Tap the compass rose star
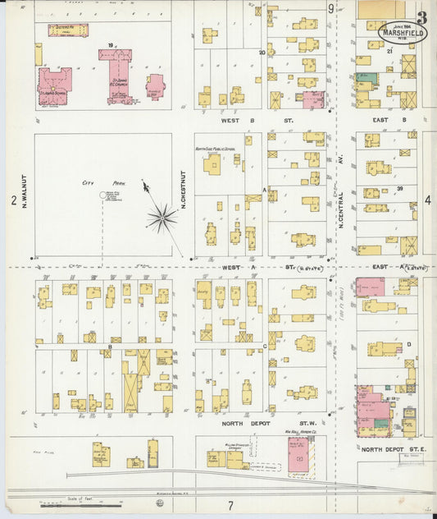[163, 218]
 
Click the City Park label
[103, 183]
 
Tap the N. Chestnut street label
[184, 189]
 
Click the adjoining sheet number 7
[230, 504]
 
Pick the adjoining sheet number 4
[428, 200]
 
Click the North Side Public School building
[213, 164]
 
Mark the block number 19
[109, 45]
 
